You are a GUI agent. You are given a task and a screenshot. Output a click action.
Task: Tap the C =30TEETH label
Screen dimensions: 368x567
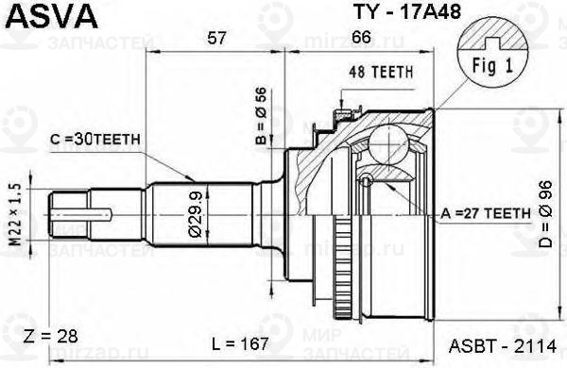tap(95, 139)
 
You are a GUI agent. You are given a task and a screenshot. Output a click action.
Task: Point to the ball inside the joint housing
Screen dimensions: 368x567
tap(388, 145)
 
